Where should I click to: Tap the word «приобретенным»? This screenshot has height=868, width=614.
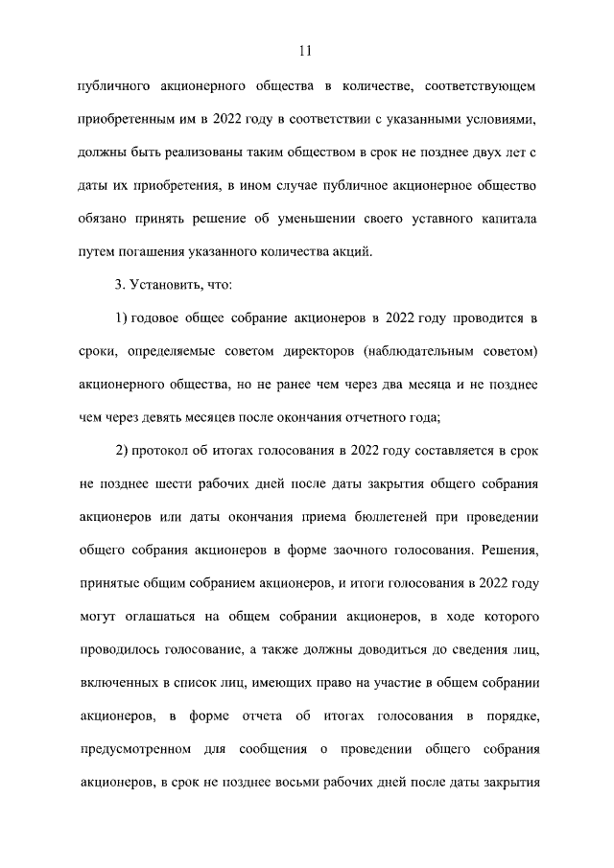point(125,122)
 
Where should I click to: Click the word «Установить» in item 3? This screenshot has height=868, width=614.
point(163,286)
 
